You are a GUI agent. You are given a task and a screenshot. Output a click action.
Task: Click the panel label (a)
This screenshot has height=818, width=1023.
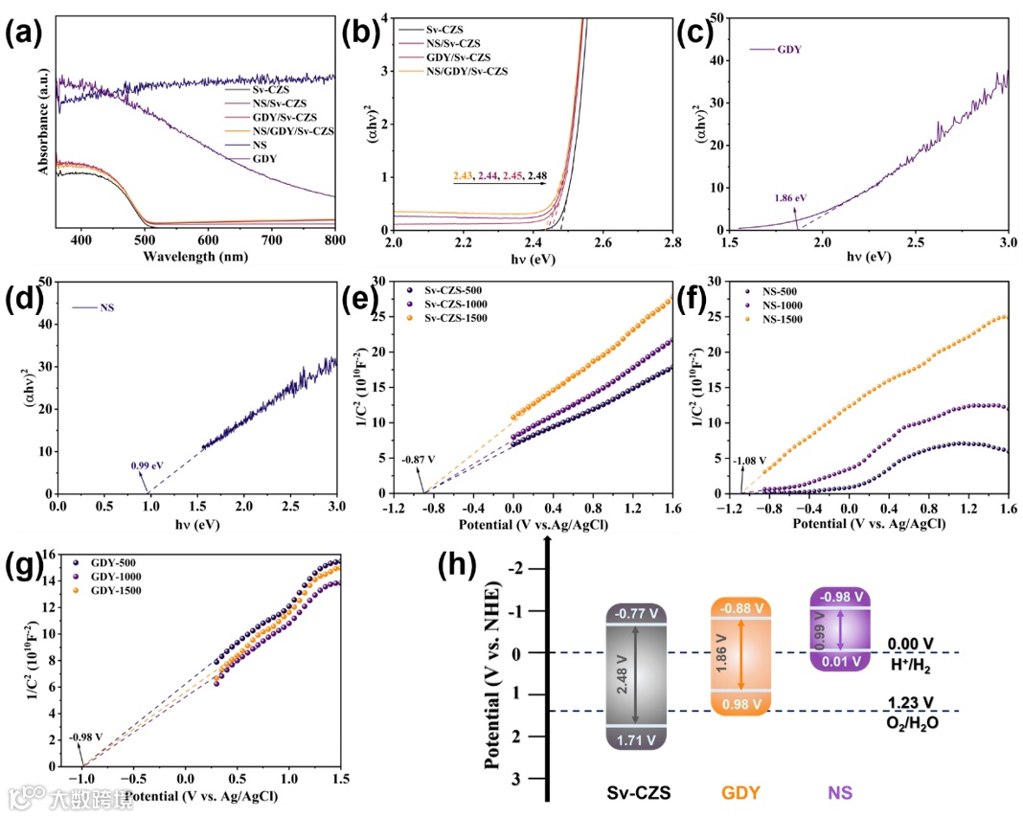24,34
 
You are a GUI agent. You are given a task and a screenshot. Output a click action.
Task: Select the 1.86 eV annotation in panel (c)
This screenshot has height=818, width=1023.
791,198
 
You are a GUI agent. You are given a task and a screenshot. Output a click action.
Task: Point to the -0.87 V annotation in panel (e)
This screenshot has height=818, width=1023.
418,460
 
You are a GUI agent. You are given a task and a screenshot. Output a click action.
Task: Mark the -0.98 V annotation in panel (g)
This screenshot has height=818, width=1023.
85,737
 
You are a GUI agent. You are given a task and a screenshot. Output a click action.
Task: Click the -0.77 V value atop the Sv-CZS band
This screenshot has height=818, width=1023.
635,614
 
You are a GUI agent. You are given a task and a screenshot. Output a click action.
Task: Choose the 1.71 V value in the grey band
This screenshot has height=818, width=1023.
635,739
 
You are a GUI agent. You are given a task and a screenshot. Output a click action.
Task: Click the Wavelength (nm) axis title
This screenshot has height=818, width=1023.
195,256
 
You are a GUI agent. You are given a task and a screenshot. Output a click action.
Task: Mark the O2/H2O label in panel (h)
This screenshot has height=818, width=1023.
911,722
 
